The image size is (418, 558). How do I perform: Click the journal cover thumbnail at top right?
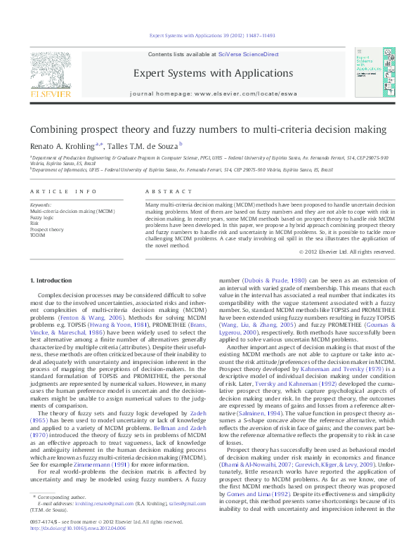click(x=370, y=74)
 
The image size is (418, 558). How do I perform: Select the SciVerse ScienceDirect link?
click(x=248, y=54)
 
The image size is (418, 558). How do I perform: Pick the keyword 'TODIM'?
click(x=37, y=235)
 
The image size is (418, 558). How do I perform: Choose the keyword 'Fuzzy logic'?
click(x=42, y=218)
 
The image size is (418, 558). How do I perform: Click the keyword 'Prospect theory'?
click(x=46, y=229)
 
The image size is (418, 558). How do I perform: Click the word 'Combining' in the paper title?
click(x=51, y=129)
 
